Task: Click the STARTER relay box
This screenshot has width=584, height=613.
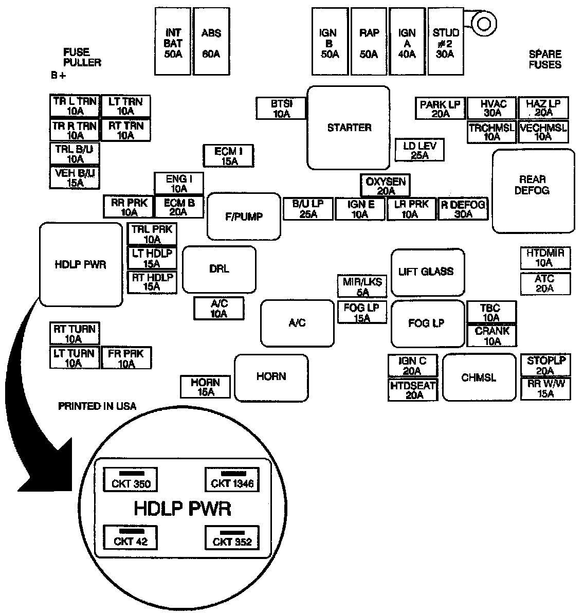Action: [x=349, y=128]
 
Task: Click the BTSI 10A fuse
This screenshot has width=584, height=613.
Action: [x=281, y=109]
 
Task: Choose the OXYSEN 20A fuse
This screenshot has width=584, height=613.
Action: [x=385, y=186]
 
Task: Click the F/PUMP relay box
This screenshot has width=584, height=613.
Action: [x=244, y=217]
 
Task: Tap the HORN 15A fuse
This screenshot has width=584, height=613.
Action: [x=205, y=387]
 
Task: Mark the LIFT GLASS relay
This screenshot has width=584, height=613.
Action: [x=427, y=272]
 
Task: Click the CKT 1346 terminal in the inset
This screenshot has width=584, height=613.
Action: [x=232, y=480]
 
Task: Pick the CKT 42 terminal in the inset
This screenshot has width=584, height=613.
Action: [x=131, y=537]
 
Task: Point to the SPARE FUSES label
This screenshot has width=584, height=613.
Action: [x=545, y=59]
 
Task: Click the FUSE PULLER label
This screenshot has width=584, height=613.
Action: [x=82, y=57]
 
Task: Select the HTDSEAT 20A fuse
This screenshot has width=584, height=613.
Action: [x=413, y=390]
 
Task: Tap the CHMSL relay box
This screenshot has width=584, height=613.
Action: [x=479, y=377]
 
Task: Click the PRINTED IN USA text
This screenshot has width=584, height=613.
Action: [x=97, y=406]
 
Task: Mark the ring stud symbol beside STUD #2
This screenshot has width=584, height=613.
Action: [x=484, y=24]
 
